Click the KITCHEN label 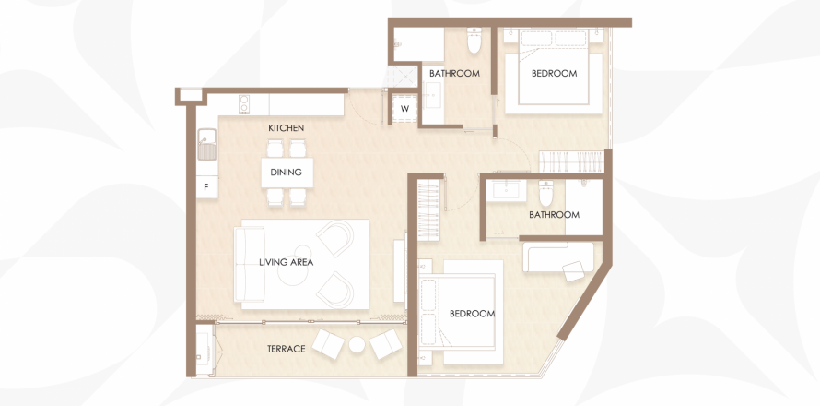click(286, 128)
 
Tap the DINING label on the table click(286, 173)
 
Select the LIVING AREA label click(286, 262)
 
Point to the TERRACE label click(286, 349)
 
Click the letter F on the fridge click(207, 187)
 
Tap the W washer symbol click(404, 110)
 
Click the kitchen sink click(206, 145)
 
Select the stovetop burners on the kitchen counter click(244, 104)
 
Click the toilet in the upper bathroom click(474, 41)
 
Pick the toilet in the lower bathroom click(545, 193)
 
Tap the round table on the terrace click(357, 344)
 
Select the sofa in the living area click(249, 265)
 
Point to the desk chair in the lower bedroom click(574, 271)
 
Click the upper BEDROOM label click(554, 73)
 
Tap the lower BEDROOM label click(473, 314)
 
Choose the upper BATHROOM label click(454, 73)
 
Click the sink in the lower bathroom click(506, 191)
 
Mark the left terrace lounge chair click(328, 343)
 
